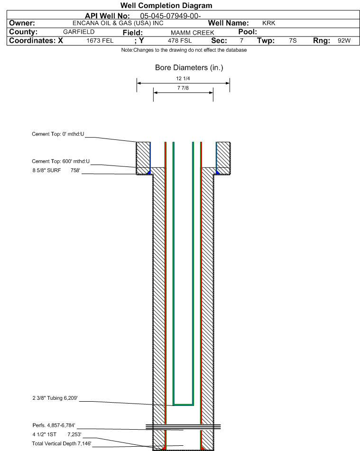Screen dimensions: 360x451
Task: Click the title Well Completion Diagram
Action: point(166,6)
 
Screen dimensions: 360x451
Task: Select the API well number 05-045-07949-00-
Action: point(170,16)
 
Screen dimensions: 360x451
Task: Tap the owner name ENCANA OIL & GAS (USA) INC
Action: point(118,23)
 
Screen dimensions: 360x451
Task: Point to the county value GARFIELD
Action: point(79,32)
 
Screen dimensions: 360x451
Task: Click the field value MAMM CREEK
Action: point(193,33)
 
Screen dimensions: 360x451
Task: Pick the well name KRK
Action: point(269,23)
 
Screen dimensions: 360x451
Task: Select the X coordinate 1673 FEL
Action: point(100,41)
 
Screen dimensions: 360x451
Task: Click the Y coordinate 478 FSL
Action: point(180,41)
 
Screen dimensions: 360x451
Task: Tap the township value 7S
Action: point(293,41)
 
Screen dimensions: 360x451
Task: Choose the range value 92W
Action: point(344,41)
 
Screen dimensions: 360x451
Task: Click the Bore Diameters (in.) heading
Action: point(189,68)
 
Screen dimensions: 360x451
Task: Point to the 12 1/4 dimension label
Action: point(183,78)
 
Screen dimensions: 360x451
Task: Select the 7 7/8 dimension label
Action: point(183,88)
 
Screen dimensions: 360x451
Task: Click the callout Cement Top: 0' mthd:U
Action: point(58,134)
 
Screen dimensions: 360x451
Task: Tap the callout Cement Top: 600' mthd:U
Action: point(61,161)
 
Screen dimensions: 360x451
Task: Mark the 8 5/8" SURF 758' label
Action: point(56,170)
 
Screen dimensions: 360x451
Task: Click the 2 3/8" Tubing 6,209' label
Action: point(55,398)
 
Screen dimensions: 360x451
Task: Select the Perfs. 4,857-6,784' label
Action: point(54,425)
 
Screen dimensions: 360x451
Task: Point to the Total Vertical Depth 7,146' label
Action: point(62,443)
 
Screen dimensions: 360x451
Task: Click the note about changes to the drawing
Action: point(184,50)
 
